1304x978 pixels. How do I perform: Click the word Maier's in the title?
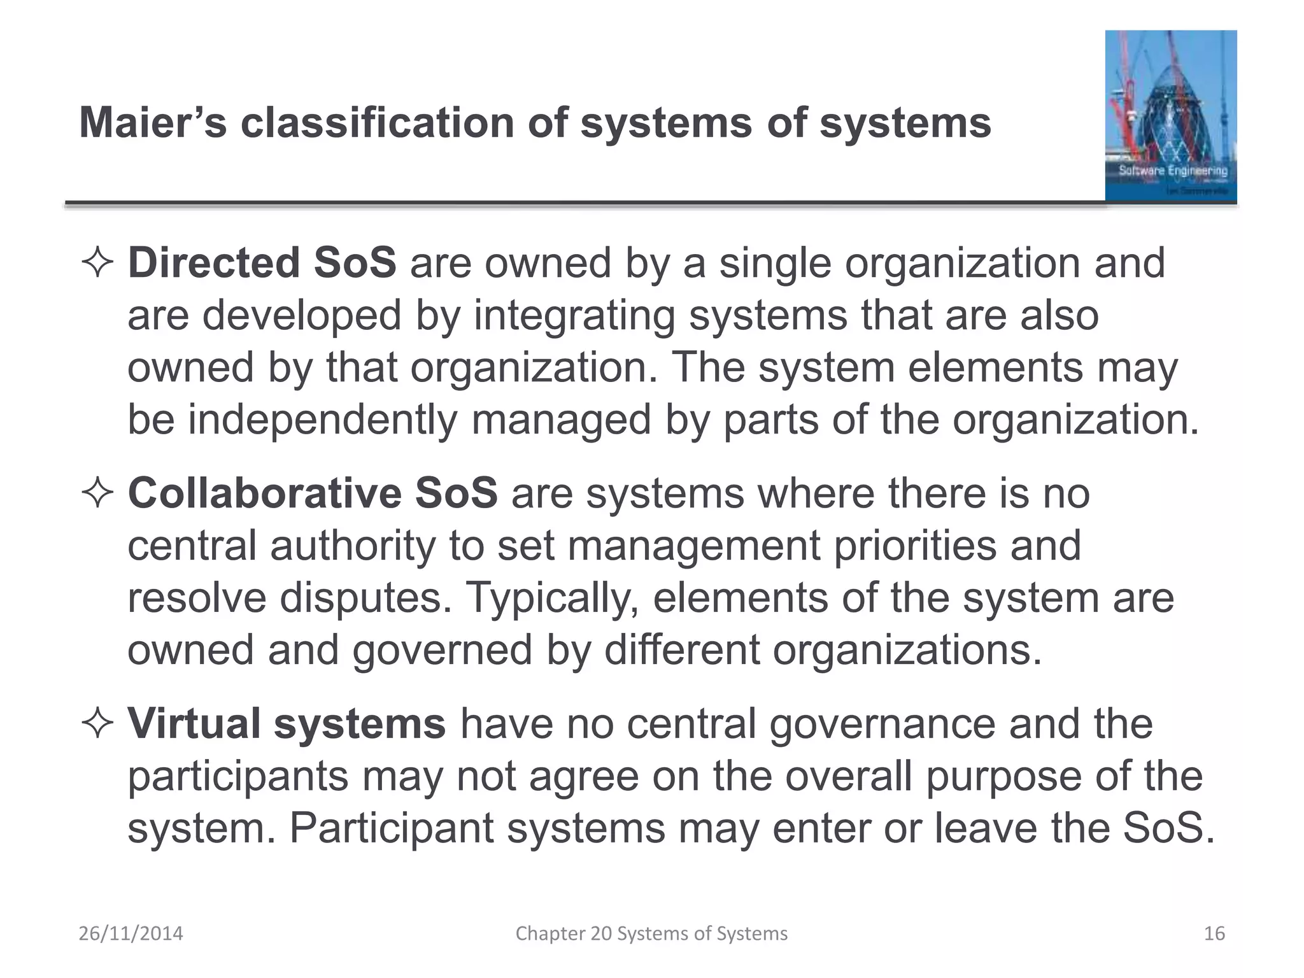point(153,122)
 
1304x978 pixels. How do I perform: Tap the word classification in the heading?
point(377,122)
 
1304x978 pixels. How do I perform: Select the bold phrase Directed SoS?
point(262,262)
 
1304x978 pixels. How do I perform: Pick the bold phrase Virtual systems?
point(287,724)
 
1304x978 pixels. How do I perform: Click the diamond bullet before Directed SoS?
point(97,264)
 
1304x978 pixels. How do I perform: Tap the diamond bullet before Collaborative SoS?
point(97,494)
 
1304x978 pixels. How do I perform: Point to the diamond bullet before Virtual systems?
point(97,725)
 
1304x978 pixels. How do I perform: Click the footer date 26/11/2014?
point(131,933)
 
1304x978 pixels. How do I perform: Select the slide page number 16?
point(1214,933)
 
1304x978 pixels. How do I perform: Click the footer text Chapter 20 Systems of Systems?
point(651,933)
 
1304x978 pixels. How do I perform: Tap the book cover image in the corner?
point(1170,116)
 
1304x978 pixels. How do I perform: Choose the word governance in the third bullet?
point(882,724)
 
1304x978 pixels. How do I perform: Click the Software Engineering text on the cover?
point(1173,170)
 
